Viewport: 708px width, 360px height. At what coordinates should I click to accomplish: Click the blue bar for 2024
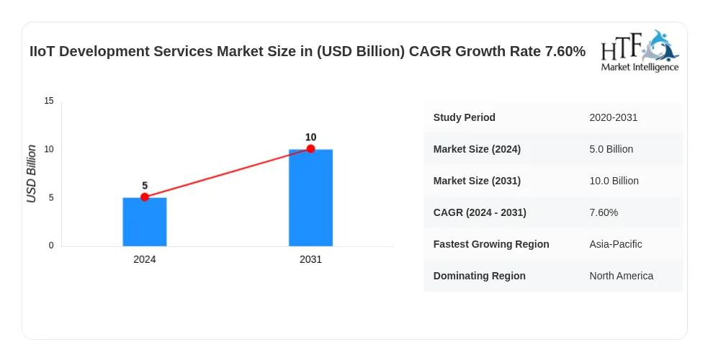point(145,222)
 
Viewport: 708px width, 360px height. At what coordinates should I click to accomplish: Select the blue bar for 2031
point(310,197)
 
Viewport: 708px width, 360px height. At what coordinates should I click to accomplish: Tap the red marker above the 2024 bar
point(145,197)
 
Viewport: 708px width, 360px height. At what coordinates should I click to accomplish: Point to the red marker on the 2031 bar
point(310,149)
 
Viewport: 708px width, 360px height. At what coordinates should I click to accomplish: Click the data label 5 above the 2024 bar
point(145,186)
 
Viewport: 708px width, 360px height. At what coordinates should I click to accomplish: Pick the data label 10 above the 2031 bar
point(310,137)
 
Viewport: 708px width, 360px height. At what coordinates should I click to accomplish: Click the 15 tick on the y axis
point(49,101)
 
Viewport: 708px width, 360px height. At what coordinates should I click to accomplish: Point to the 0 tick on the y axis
point(51,246)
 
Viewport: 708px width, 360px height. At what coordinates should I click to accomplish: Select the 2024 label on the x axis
point(145,259)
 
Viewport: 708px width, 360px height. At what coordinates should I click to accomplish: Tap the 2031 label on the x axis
point(310,259)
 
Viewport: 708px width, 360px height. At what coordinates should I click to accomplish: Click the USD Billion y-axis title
point(31,174)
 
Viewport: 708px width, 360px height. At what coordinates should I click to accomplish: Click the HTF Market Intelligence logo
point(640,50)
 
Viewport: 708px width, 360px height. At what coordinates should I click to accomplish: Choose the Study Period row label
point(464,118)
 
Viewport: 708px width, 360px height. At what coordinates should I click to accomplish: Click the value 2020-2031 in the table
point(614,118)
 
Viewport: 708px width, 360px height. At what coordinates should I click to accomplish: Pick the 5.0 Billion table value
point(611,149)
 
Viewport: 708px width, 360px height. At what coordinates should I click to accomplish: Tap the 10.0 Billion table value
point(614,181)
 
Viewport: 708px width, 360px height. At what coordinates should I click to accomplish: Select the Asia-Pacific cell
point(616,244)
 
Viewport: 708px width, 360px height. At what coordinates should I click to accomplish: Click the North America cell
point(622,276)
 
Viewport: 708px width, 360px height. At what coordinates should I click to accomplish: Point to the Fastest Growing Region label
point(491,244)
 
